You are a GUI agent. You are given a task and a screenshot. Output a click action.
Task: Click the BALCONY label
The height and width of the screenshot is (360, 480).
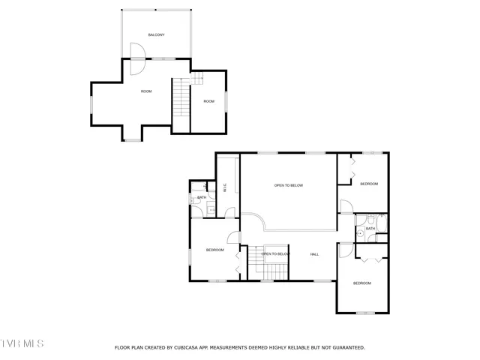tap(156, 35)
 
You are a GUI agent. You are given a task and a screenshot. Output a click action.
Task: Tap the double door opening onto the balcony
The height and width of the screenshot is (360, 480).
tap(136, 58)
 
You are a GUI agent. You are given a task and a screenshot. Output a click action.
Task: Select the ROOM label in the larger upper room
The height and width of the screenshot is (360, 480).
tap(146, 91)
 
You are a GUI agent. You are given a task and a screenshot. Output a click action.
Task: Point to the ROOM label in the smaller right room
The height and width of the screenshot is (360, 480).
tap(208, 101)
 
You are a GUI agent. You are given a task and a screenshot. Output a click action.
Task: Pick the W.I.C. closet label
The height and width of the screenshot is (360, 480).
tap(225, 188)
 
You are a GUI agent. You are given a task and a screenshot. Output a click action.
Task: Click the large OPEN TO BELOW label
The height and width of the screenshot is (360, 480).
tap(288, 185)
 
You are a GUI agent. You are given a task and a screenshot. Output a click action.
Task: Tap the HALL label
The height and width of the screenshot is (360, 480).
tap(315, 254)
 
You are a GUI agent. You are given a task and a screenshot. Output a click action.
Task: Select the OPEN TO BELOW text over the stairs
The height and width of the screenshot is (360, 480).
tap(275, 254)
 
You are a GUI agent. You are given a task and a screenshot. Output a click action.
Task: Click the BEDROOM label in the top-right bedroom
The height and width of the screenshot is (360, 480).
tap(369, 184)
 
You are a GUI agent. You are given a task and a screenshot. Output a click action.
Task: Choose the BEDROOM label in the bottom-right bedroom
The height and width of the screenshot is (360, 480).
tap(362, 283)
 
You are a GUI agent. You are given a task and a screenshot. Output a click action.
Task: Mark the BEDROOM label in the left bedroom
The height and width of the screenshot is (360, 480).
tap(214, 250)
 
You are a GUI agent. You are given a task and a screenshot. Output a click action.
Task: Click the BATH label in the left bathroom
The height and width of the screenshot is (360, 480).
tap(202, 197)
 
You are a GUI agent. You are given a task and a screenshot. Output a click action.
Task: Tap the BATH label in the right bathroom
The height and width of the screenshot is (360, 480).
tap(370, 229)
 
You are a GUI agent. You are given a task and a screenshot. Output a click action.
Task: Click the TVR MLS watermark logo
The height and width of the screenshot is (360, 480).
tap(22, 343)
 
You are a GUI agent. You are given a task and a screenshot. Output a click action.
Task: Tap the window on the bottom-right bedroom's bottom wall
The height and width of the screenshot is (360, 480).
tap(364, 313)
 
